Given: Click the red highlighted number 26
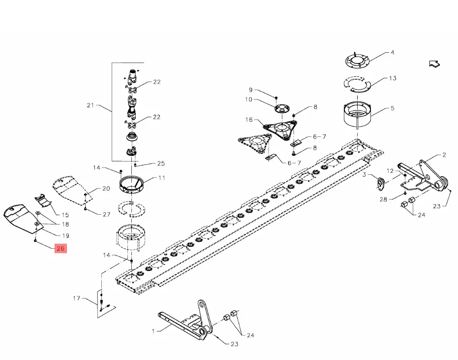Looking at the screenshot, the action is click(x=61, y=249).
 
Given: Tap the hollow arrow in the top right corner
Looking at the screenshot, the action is click(x=434, y=64).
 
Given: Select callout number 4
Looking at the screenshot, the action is click(x=392, y=53).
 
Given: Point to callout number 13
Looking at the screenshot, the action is click(x=393, y=78).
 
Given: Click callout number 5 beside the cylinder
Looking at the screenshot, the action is click(x=393, y=108).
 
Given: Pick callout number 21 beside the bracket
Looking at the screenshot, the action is click(x=91, y=105).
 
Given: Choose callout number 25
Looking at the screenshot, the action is click(x=161, y=164).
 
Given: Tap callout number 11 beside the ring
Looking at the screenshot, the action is click(x=162, y=178).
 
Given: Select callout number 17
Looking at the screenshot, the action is click(x=77, y=298).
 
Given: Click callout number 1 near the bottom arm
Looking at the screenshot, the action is click(x=153, y=331).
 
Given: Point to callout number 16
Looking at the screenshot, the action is click(x=249, y=120).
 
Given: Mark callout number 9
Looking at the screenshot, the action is click(x=250, y=90).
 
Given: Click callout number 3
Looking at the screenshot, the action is click(x=364, y=175).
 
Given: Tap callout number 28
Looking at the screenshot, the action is click(x=383, y=199).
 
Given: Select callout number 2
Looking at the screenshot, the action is click(x=444, y=155).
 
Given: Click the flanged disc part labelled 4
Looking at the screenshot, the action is click(x=357, y=61).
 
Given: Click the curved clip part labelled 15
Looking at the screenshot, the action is click(x=43, y=199).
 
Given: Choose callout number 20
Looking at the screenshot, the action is click(x=106, y=189).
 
